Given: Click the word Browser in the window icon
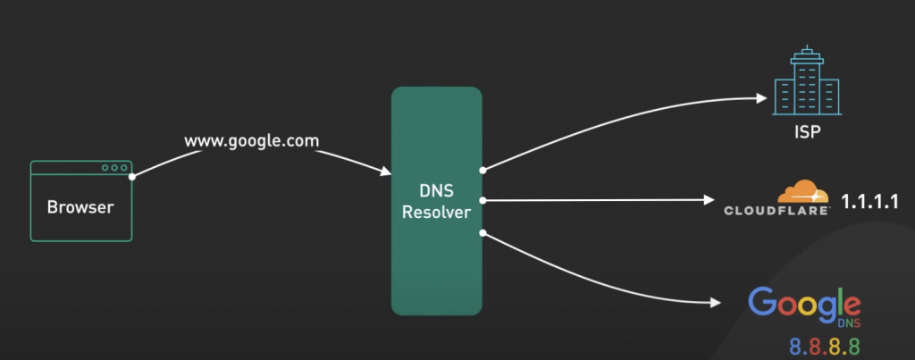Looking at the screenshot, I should click(x=80, y=207).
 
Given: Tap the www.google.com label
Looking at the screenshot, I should click(x=251, y=141).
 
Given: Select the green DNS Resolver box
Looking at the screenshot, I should click(x=436, y=201).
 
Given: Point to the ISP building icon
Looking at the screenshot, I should click(x=806, y=84).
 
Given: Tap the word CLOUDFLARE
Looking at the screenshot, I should click(x=776, y=211).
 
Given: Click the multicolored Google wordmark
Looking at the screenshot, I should click(x=804, y=306).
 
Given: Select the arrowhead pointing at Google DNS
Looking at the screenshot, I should click(x=715, y=304).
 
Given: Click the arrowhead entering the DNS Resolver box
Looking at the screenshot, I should click(x=386, y=171).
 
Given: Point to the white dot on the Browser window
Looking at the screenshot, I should click(x=132, y=176).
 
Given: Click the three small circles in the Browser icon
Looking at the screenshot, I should click(x=114, y=168).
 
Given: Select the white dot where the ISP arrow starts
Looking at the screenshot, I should click(x=483, y=168).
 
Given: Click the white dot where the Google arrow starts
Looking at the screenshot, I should click(x=483, y=233).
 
